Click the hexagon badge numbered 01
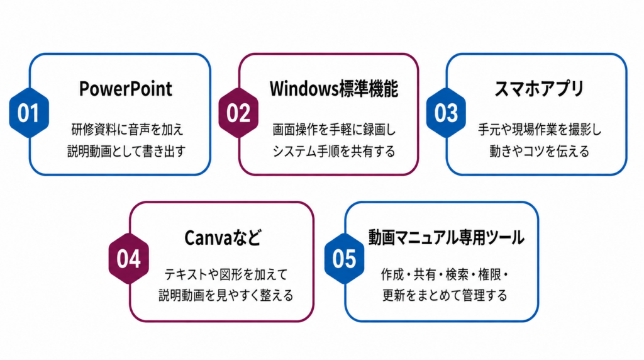(29, 113)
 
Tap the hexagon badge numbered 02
(238, 113)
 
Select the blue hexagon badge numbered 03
(446, 113)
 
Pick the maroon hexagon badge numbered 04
(128, 259)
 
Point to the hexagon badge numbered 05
(344, 259)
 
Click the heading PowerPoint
(126, 89)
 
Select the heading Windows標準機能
(334, 89)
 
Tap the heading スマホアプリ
(539, 89)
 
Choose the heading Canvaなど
(223, 237)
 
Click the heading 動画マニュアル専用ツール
(446, 237)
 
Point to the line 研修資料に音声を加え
(127, 130)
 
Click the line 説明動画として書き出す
(126, 151)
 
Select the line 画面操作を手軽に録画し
(334, 130)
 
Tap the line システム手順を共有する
(334, 151)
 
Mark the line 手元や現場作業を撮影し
(540, 130)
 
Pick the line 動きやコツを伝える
(539, 151)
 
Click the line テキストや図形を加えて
(226, 274)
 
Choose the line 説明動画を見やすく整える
(226, 295)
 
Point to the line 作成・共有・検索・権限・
(445, 274)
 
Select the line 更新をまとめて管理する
(445, 295)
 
